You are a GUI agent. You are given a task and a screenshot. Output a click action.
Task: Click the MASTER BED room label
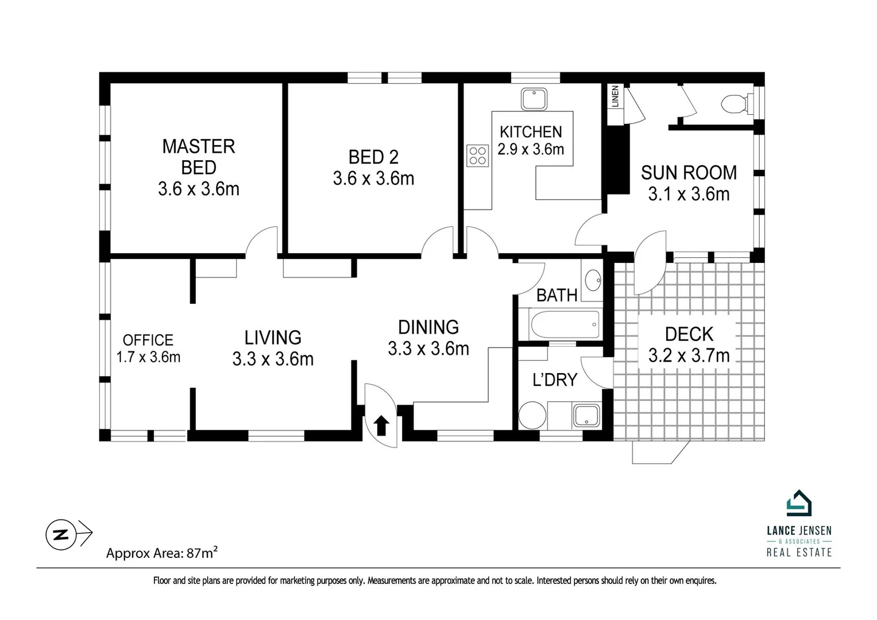point(199,157)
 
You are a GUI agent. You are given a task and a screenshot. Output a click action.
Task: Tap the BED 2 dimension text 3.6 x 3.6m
point(373,179)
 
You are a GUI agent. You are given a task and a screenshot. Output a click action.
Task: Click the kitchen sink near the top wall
point(534,99)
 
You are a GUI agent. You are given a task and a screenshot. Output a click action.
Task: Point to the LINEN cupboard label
point(616,97)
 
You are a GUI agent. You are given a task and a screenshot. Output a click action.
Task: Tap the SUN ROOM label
point(689,172)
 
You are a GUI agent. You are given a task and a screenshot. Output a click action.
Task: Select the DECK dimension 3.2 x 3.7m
point(689,355)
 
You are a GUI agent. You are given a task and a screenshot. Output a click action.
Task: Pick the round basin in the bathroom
point(592,281)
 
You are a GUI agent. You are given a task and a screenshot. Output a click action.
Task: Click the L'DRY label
point(554,379)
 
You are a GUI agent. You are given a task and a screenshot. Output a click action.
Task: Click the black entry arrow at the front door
point(381,426)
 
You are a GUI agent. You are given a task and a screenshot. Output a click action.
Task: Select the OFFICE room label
point(148,340)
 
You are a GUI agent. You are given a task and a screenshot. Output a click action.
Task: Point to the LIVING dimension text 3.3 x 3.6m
point(273,359)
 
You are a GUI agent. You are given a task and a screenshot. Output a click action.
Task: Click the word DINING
point(428,327)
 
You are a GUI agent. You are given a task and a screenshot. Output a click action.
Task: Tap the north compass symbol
point(58,534)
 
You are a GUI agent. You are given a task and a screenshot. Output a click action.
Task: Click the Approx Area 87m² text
point(161,553)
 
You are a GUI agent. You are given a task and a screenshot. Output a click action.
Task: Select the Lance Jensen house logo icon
point(799,503)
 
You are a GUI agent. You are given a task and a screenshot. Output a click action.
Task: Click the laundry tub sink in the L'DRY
point(586,416)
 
